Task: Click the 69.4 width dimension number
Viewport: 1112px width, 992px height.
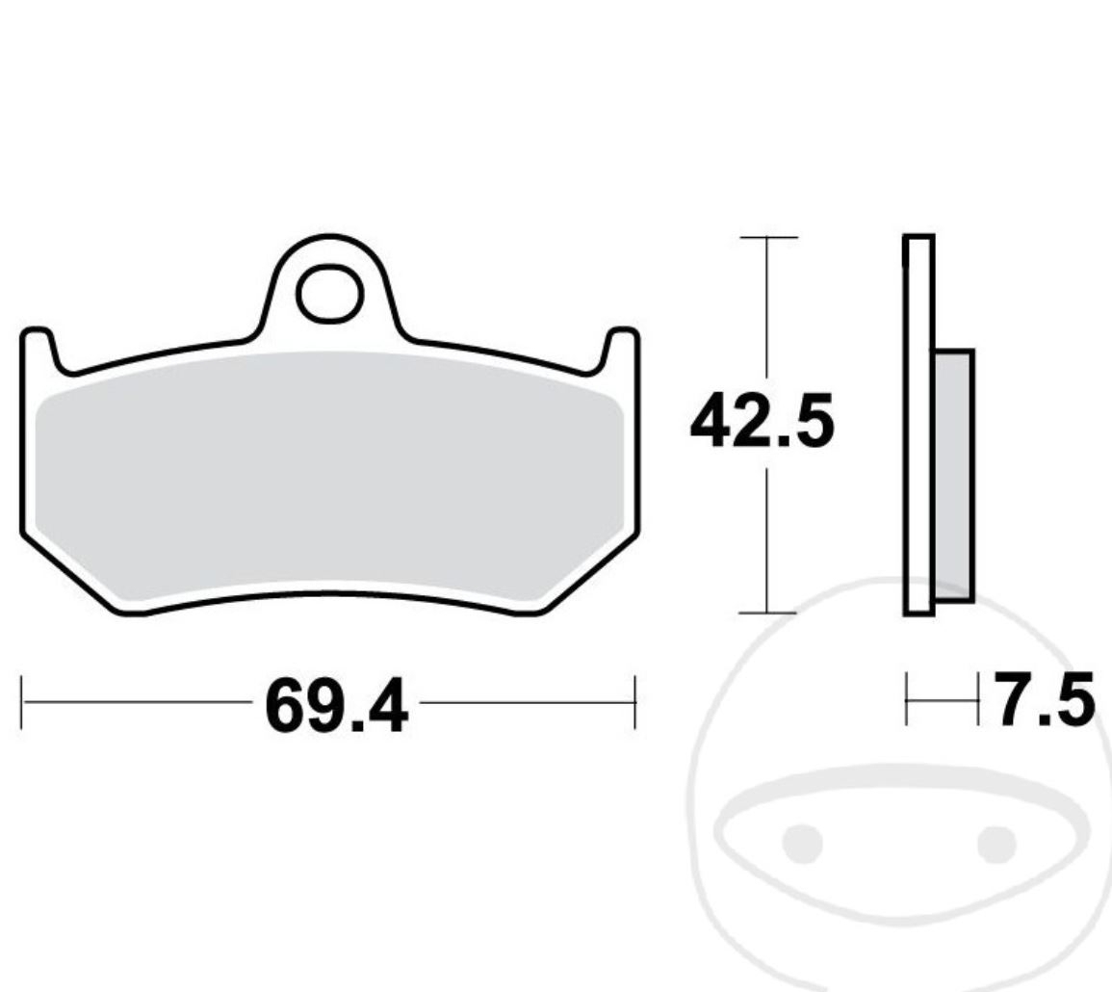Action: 335,707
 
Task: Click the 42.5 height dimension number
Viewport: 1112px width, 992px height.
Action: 761,423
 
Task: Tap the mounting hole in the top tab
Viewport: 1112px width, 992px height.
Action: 330,294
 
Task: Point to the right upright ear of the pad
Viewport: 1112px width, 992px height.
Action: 621,351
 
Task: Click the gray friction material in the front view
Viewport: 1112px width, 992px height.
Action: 327,472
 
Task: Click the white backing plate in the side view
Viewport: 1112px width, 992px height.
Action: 918,424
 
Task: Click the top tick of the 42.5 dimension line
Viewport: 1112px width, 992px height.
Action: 766,237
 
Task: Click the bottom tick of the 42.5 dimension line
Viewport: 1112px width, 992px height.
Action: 766,612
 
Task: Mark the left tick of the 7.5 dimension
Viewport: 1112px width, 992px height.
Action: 907,700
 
